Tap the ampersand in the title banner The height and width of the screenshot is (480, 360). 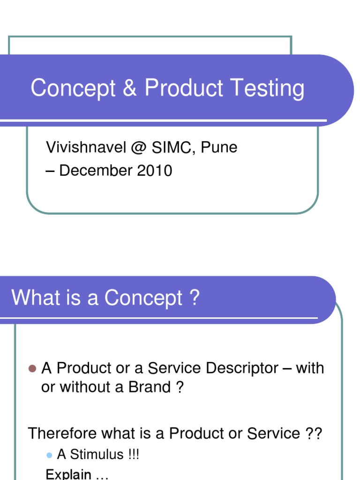pos(130,88)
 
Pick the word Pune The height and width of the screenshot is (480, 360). pos(220,148)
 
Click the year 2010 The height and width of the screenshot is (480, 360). pos(155,171)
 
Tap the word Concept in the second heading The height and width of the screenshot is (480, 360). pos(143,298)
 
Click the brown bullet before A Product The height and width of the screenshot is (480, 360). pos(32,368)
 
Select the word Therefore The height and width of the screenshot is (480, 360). pos(60,433)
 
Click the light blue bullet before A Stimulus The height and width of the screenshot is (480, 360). pos(49,455)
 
